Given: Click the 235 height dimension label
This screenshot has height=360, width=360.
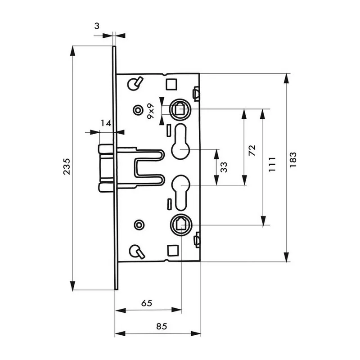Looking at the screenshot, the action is (65, 167).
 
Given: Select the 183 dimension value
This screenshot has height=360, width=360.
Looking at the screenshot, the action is (293, 161).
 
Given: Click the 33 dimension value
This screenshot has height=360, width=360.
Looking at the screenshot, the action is (224, 167).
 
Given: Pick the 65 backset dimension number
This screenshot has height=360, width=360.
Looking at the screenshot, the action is (146, 303).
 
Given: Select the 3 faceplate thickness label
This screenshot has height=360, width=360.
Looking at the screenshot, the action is (97, 26).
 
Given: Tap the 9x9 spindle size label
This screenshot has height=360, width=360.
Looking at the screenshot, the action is (152, 110).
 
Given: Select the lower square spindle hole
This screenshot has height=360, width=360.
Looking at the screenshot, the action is (180, 223).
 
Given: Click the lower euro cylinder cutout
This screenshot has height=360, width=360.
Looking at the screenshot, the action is (180, 191).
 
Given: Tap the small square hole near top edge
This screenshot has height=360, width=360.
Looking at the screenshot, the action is (171, 84).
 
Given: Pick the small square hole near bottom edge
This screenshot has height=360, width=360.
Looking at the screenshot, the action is (171, 249).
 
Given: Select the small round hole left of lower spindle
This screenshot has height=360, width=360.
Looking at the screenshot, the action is (138, 224).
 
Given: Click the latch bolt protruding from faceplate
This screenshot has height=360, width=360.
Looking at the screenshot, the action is (104, 167).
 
